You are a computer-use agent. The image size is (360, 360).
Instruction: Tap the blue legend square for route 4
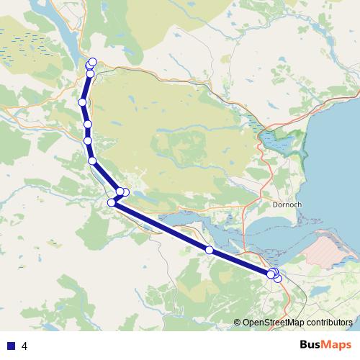pos(10,346)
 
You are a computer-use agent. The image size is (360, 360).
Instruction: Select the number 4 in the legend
pos(25,346)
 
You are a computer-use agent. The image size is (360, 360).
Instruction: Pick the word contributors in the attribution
pos(330,322)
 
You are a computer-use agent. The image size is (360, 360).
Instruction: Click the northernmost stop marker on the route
pos(93,61)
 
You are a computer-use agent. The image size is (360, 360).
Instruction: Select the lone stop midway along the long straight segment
pos(210,250)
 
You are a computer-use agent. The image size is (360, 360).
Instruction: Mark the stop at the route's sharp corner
pos(112,202)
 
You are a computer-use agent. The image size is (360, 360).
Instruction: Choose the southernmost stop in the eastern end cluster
pos(277,278)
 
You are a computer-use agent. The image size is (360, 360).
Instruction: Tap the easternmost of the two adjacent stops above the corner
pos(125,192)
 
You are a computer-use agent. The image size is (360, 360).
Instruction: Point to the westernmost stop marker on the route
pos(83,103)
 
